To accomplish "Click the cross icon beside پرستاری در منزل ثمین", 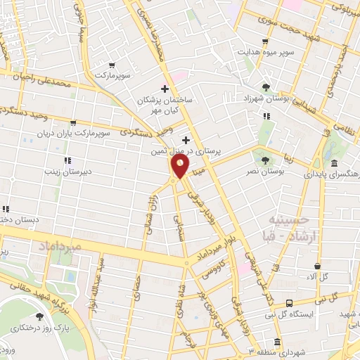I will click(186, 140).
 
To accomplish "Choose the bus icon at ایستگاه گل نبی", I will click(290, 304).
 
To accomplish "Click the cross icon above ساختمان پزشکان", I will click(164, 89).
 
